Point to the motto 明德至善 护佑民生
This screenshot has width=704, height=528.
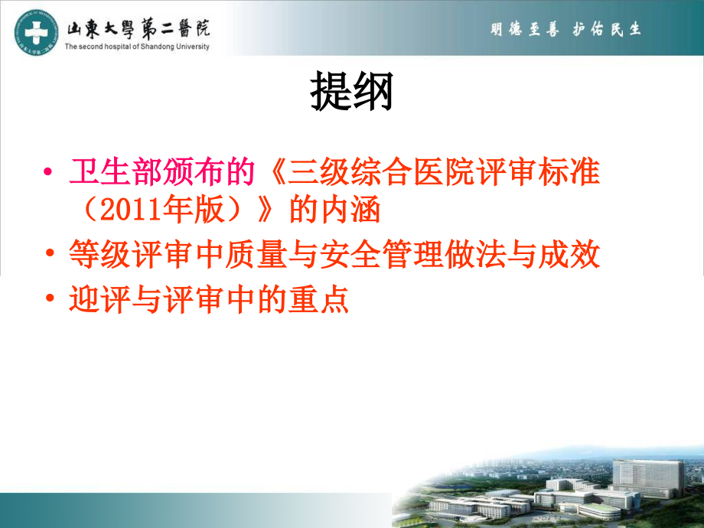(565, 29)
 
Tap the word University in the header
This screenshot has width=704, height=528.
(188, 46)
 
